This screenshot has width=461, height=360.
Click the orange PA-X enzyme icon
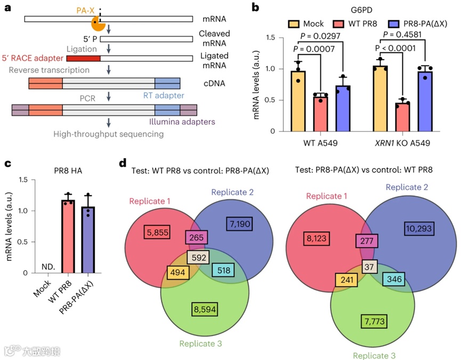coord(98,22)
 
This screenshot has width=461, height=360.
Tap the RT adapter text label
coord(163,96)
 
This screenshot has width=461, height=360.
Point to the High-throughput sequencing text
coord(108,134)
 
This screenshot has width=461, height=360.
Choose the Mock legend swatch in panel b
coord(292,24)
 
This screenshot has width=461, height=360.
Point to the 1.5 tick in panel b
coord(274,38)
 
